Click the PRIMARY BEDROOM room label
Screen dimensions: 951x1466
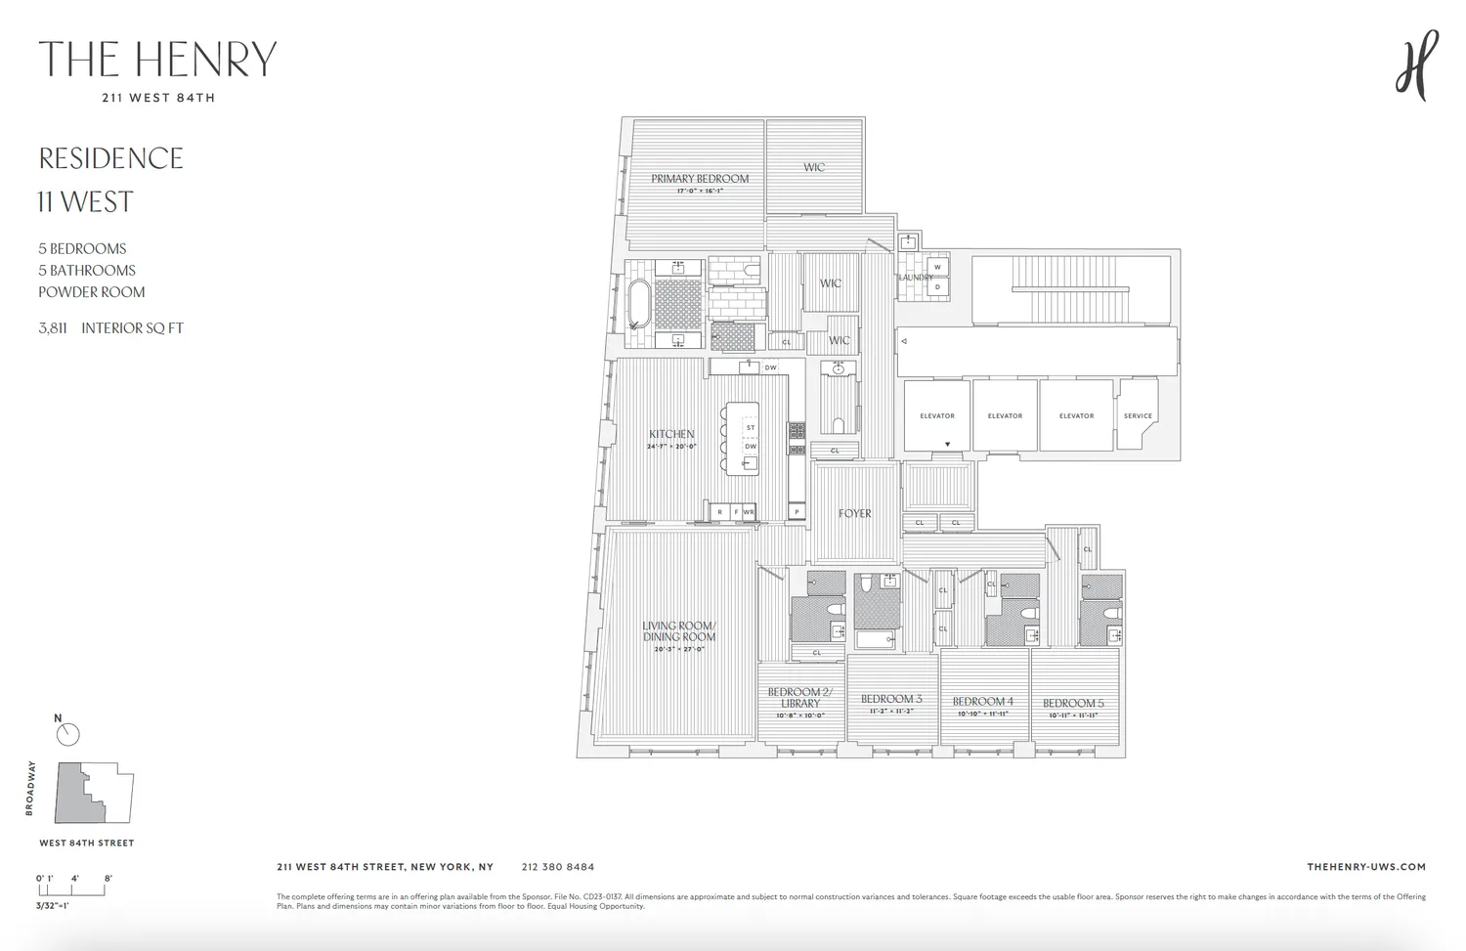(700, 179)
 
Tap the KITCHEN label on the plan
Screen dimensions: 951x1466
(671, 435)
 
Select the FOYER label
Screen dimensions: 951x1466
(854, 513)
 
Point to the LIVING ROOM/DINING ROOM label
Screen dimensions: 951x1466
(679, 631)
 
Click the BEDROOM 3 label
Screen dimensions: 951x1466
(891, 699)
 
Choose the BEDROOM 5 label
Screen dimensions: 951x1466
(1072, 703)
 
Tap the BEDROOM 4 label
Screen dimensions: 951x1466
(982, 701)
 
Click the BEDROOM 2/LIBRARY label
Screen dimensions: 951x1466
(799, 698)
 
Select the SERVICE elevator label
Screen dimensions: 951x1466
(1138, 416)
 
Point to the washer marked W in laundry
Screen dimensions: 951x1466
(937, 267)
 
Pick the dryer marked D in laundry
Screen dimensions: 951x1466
(937, 287)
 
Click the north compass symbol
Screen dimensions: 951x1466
(67, 734)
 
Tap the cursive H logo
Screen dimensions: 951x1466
(1416, 65)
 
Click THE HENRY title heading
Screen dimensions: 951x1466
(157, 60)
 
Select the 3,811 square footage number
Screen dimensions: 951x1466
(53, 328)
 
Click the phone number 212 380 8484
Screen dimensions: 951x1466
(557, 867)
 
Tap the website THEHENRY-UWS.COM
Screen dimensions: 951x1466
(1365, 867)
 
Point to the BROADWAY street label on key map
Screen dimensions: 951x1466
(30, 788)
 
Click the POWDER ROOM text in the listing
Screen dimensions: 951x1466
(91, 292)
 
